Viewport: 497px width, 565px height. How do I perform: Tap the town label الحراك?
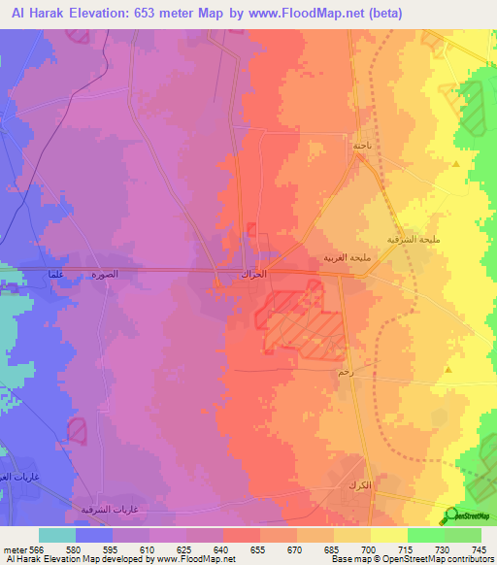(x=253, y=276)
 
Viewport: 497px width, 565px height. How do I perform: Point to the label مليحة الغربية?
(x=344, y=258)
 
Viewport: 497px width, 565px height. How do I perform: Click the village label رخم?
(x=344, y=372)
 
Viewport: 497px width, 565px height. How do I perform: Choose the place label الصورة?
(x=105, y=275)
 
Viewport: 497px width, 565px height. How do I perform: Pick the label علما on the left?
(x=55, y=275)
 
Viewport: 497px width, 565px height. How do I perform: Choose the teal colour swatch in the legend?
(x=56, y=535)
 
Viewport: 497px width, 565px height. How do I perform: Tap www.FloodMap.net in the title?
(x=313, y=13)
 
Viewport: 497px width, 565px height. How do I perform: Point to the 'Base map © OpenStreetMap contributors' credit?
(x=412, y=560)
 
